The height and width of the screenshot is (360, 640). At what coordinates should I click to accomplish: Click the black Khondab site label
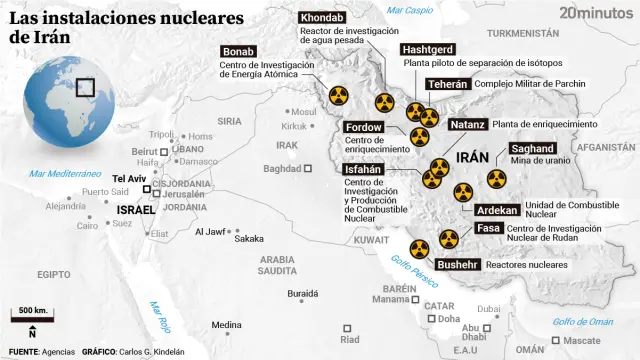322,19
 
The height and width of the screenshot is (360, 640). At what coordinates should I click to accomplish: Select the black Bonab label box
239,52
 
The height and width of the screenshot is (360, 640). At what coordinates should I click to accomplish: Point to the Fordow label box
363,127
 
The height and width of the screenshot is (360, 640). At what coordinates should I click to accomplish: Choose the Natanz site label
467,124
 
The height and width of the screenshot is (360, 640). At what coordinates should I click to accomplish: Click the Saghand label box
533,148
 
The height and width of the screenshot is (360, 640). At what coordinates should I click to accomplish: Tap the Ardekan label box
497,210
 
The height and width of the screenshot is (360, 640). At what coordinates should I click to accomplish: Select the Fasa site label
489,228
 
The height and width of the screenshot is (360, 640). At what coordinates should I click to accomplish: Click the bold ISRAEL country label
137,209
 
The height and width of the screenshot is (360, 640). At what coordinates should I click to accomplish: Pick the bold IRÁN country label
472,158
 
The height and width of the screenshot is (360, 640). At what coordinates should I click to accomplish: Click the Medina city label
226,324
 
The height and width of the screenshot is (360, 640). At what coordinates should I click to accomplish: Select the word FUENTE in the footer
23,352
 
